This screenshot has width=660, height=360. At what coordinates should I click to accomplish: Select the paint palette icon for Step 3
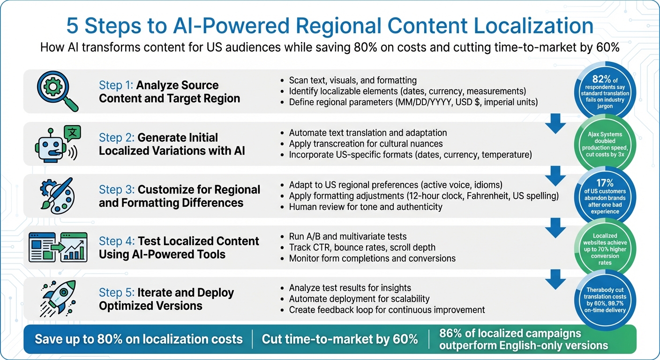(58, 195)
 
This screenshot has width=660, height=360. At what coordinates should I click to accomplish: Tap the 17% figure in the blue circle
(605, 184)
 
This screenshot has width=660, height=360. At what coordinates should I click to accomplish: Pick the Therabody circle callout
(605, 300)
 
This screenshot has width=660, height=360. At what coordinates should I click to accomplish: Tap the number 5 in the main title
(73, 26)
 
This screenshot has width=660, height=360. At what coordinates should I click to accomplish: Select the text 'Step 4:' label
(116, 241)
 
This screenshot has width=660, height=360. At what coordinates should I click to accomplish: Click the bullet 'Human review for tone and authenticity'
(365, 207)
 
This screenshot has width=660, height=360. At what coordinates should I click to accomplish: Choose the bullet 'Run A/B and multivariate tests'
(347, 236)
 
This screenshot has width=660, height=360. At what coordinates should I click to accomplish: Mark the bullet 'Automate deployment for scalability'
(359, 299)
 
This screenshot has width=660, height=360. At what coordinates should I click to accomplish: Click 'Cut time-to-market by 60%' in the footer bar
(340, 339)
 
